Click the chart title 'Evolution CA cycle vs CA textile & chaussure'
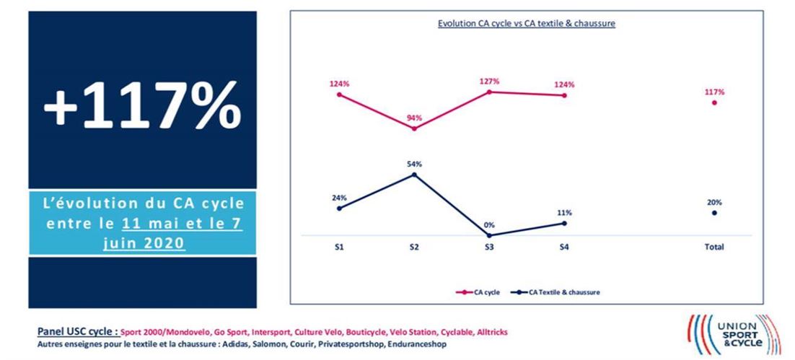pos(526,24)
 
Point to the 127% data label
pos(489,82)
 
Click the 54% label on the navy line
pos(414,164)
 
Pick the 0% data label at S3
pos(489,225)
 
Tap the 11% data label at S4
pos(564,213)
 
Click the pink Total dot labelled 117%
pos(714,102)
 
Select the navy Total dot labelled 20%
pos(714,213)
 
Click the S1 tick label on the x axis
pos(338,247)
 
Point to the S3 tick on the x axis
pos(489,247)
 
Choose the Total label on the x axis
pos(714,247)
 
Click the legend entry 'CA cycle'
pos(480,292)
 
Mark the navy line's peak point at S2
pos(414,174)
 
